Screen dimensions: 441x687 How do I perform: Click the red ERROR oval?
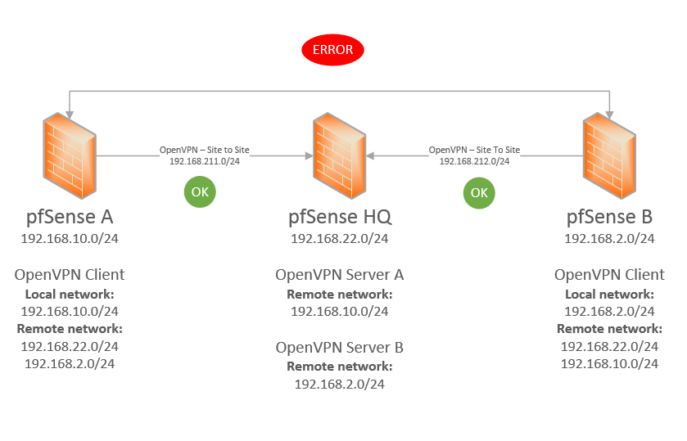tap(332, 50)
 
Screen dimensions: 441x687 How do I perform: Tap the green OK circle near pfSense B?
tap(479, 192)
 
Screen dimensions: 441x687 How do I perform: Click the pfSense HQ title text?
tap(340, 218)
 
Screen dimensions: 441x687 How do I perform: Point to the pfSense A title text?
tap(70, 218)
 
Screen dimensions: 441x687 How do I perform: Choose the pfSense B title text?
tap(610, 218)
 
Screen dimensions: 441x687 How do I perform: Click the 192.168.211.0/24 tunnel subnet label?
tap(204, 161)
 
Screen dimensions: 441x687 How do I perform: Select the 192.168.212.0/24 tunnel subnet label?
tap(474, 161)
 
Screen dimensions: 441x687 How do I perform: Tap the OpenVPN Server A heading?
tap(340, 275)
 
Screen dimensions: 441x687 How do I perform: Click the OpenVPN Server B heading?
tap(340, 347)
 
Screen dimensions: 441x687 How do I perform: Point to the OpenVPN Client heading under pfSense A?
tap(70, 275)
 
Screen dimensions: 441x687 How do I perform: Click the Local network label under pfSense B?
tap(610, 294)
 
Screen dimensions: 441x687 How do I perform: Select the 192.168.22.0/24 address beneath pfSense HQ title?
tap(340, 239)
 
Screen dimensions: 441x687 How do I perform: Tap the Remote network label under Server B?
tap(340, 366)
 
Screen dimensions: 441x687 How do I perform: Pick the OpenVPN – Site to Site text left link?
tap(204, 151)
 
